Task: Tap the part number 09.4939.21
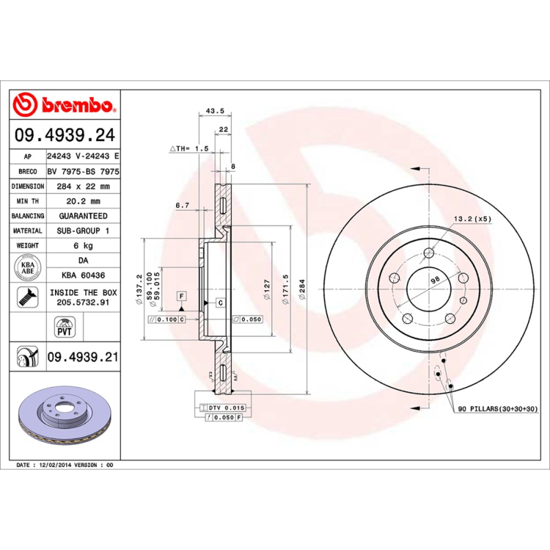(x=82, y=357)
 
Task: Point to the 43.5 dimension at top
(x=214, y=111)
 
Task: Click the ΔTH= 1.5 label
(x=188, y=148)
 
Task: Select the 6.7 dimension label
(x=181, y=206)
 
